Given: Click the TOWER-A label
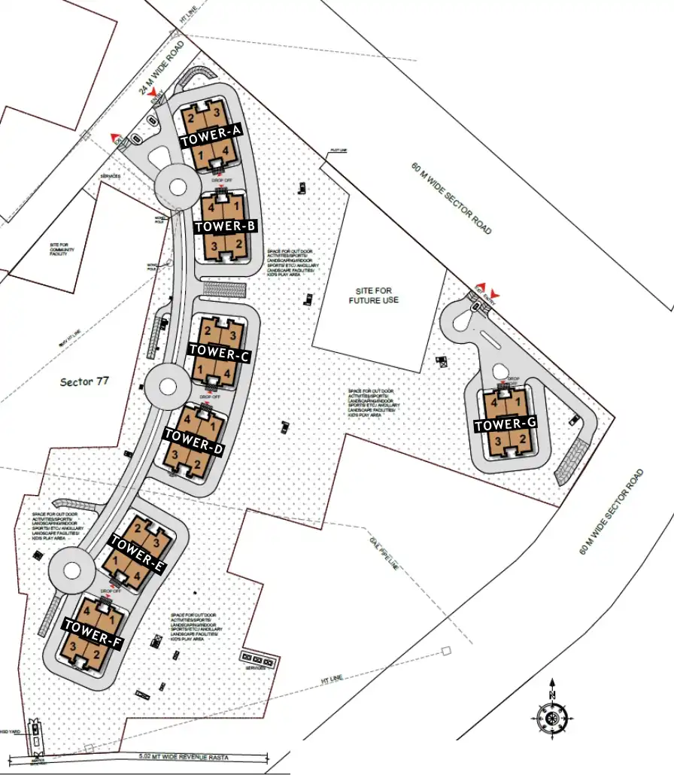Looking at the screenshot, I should pyautogui.click(x=210, y=135).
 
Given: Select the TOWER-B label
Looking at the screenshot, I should pyautogui.click(x=226, y=226).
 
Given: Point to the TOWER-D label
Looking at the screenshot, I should pyautogui.click(x=193, y=441).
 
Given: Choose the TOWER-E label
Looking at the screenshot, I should pyautogui.click(x=137, y=552).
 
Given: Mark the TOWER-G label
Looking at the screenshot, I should pyautogui.click(x=505, y=425).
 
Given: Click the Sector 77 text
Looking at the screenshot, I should pyautogui.click(x=84, y=381).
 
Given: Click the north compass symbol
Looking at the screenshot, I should pyautogui.click(x=553, y=716).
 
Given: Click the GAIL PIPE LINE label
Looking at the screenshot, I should pyautogui.click(x=383, y=554).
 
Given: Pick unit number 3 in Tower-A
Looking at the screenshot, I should pyautogui.click(x=216, y=113).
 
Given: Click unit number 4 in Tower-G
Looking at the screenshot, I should pyautogui.click(x=494, y=403).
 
